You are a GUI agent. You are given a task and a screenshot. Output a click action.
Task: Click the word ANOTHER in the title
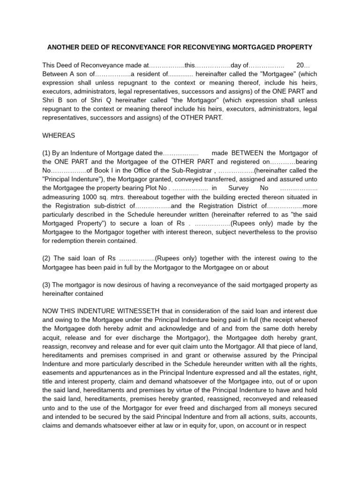pos(64,48)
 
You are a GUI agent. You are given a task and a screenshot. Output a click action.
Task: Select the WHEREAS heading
pos(59,135)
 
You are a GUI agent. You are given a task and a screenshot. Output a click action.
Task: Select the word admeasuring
pos(62,197)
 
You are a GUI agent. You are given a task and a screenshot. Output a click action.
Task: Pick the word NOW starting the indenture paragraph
pos(51,311)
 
